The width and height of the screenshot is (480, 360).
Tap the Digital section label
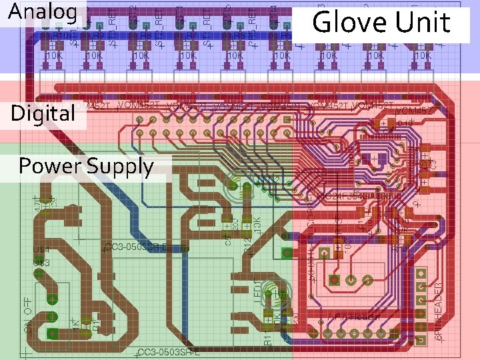pos(43,113)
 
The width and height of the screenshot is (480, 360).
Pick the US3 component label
pos(41,262)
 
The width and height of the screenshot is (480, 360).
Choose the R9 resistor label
pos(98,35)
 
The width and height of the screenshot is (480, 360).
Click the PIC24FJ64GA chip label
pos(360,197)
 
